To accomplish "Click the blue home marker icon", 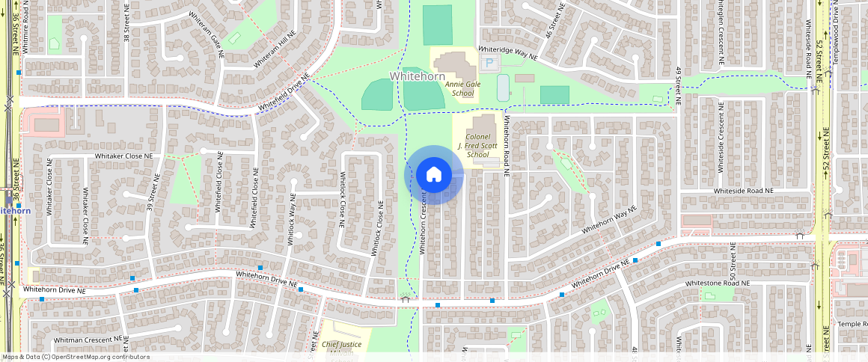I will tap(433, 175).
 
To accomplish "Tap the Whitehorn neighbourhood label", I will tap(418, 77).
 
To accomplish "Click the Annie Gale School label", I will tap(459, 89).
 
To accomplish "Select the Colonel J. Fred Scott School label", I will tap(477, 146).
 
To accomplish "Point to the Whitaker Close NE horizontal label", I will tap(123, 156).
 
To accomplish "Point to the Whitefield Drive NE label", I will tap(284, 95).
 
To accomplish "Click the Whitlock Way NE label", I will tap(293, 217).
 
